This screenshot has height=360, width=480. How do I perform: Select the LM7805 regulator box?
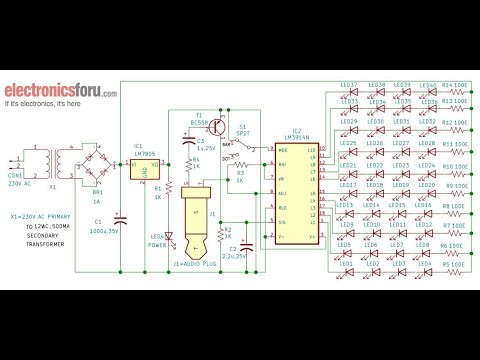[143, 170]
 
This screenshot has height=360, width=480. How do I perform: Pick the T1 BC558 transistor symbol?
[215, 128]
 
